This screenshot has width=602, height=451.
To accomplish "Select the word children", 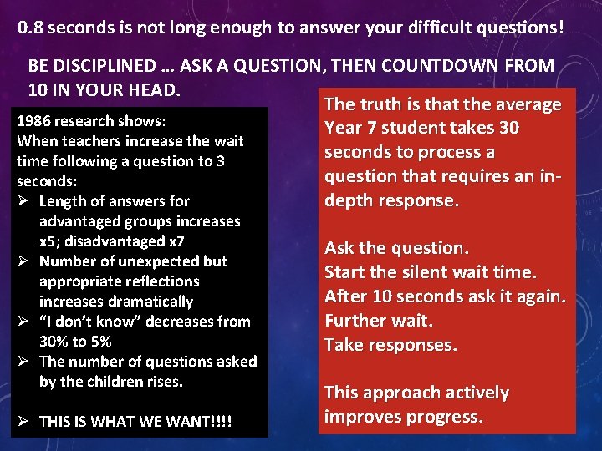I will point(121,382).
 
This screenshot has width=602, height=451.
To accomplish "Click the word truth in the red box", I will point(375,104).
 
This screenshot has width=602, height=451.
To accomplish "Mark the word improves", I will point(360,417).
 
